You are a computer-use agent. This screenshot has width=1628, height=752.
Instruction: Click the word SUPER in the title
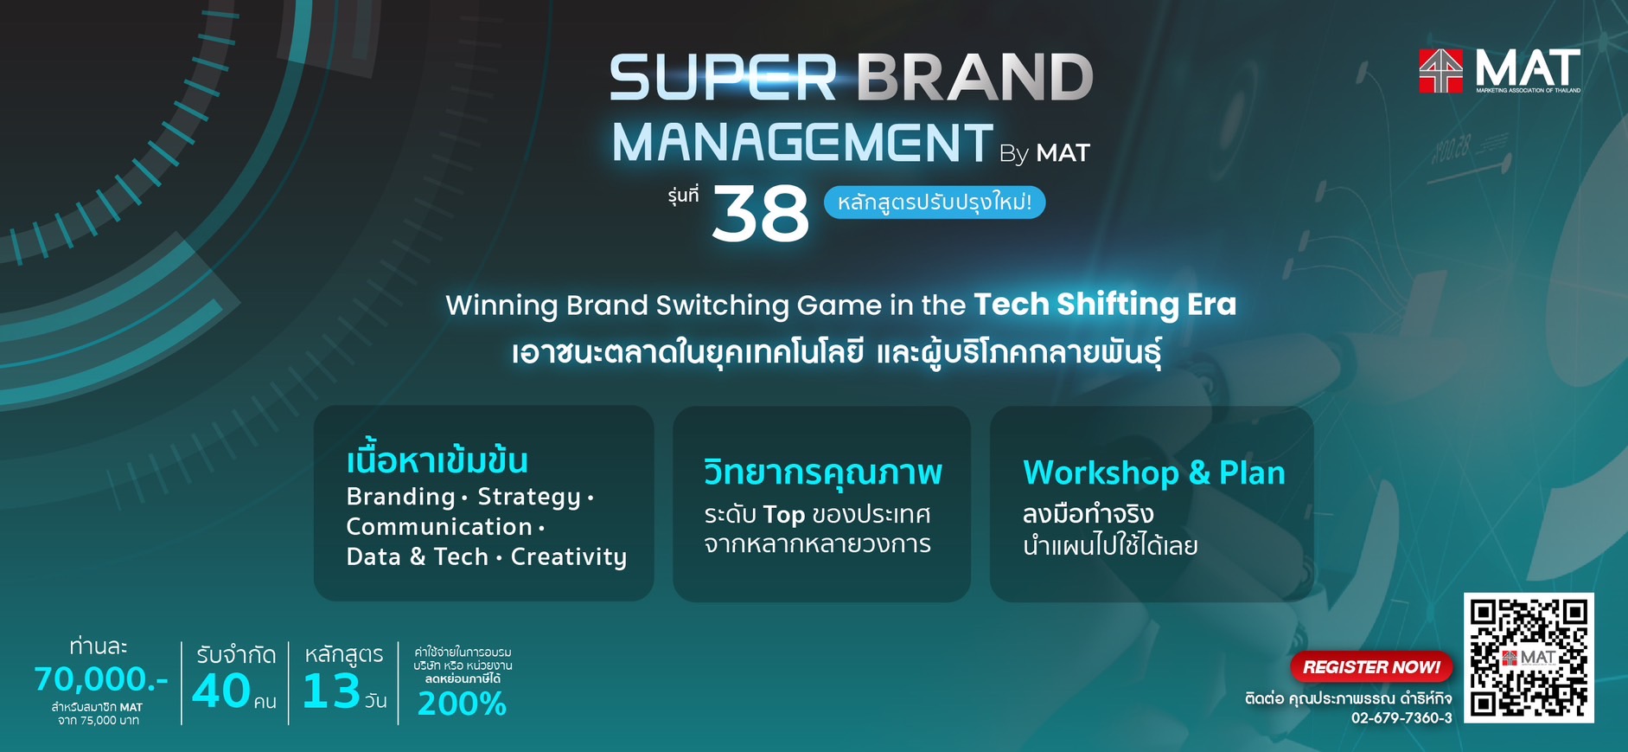724,77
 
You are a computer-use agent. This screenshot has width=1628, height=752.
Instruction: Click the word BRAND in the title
975,77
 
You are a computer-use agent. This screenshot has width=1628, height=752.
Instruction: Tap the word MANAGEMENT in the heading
802,142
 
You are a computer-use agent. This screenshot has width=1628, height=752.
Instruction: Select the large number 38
760,214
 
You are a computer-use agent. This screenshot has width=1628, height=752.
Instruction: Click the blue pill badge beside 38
935,202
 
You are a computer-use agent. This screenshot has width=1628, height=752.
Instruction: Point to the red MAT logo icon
1440,71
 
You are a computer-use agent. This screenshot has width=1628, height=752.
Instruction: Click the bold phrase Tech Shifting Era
1105,305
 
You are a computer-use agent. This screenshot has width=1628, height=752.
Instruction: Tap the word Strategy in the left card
529,498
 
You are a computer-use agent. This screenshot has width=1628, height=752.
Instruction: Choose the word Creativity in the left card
569,557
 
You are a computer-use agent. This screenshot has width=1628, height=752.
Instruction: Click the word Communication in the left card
439,527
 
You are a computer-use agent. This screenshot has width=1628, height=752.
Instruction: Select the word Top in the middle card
784,515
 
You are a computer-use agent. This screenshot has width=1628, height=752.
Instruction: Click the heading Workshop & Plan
1154,473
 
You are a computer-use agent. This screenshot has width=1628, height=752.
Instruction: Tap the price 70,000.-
101,680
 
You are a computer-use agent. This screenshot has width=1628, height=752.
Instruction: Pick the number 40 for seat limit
221,691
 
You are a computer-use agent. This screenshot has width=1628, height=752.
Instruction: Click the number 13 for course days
331,691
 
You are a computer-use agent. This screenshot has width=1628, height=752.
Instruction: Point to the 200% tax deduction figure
462,704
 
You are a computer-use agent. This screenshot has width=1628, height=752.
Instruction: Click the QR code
1529,658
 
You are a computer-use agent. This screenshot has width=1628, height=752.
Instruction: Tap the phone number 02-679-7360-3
1401,718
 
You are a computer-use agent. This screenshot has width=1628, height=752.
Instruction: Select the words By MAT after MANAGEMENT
1044,153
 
